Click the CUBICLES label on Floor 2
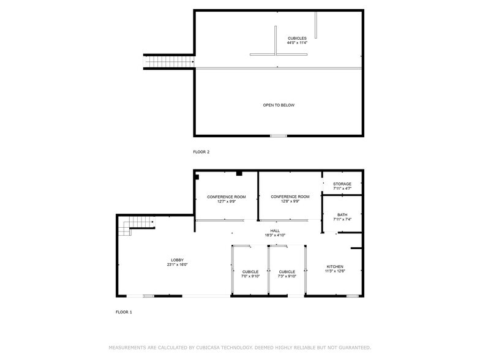[297, 39]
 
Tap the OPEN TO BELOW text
[279, 105]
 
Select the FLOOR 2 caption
[201, 152]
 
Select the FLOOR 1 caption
[124, 312]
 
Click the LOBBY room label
[177, 260]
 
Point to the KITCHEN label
[335, 267]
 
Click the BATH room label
[342, 215]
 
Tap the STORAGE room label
[342, 184]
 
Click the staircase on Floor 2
[168, 61]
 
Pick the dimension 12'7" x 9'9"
[226, 201]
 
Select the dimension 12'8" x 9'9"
[290, 201]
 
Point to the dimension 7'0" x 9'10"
[250, 276]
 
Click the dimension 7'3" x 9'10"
[287, 276]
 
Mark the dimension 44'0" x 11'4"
[297, 43]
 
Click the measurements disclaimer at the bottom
[239, 347]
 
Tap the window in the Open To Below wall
[278, 135]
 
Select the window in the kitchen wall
[352, 296]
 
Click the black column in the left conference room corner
[197, 177]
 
